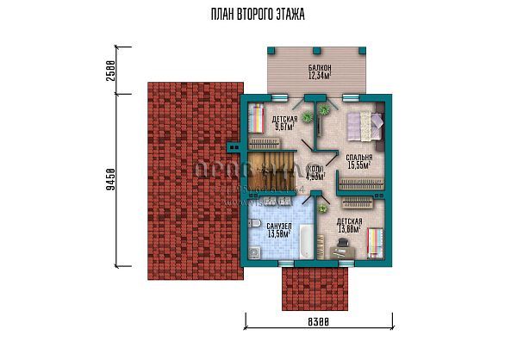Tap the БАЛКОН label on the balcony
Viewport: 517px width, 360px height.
[320, 68]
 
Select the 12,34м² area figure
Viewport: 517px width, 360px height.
[320, 77]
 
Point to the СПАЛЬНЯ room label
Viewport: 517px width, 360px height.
[358, 158]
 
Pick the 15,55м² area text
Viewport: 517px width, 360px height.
[358, 166]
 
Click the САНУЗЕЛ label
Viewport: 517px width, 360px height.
[279, 225]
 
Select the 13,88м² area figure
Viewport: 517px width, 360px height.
[349, 229]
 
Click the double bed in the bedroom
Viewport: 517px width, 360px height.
[364, 126]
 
